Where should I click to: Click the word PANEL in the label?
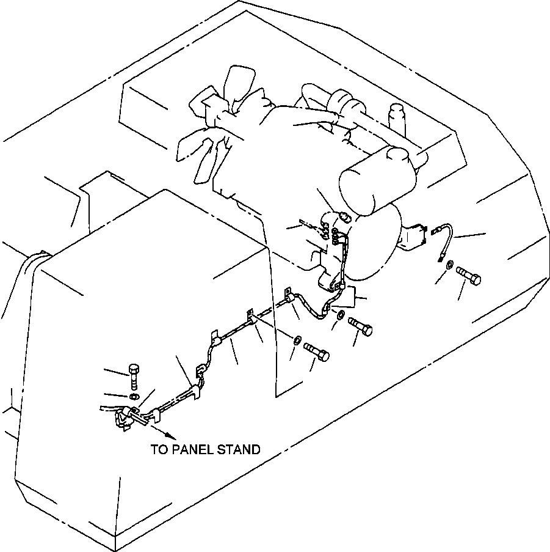point(192,449)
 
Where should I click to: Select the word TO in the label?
point(159,449)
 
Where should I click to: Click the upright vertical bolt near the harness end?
point(134,377)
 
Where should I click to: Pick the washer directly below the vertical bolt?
point(134,397)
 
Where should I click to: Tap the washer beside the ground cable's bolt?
point(449,264)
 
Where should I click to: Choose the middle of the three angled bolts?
point(360,326)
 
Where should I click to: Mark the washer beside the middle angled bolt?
point(340,315)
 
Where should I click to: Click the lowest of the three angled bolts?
point(316,352)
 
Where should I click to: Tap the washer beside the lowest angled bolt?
point(296,340)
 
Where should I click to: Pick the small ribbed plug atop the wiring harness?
point(345,216)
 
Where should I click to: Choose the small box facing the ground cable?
point(413,236)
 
